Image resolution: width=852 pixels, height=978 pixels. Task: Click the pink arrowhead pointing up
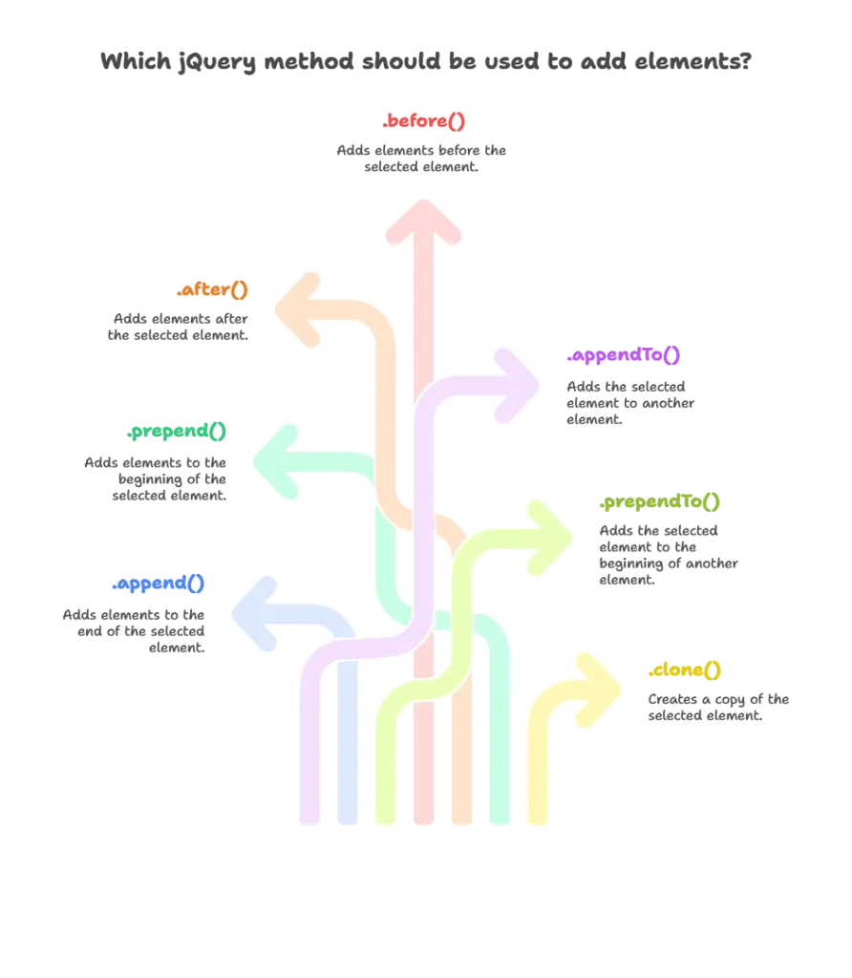(425, 220)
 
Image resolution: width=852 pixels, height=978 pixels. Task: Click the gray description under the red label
(424, 158)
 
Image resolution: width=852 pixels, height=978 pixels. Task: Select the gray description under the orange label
(179, 327)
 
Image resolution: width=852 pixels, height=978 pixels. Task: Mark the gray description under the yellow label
(718, 709)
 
